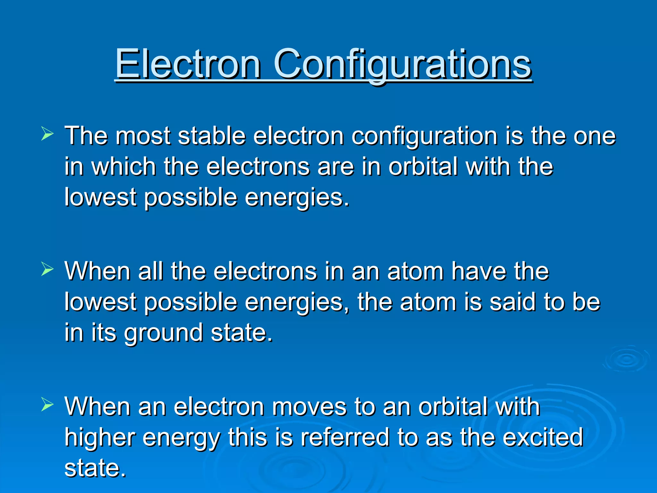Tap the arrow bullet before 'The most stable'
coord(47,134)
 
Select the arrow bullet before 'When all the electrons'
coord(47,270)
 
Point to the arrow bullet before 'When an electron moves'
coord(47,405)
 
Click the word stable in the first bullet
coord(212,136)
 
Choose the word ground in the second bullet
coord(164,333)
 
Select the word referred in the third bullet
coord(345,437)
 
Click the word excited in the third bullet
coord(542,437)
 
